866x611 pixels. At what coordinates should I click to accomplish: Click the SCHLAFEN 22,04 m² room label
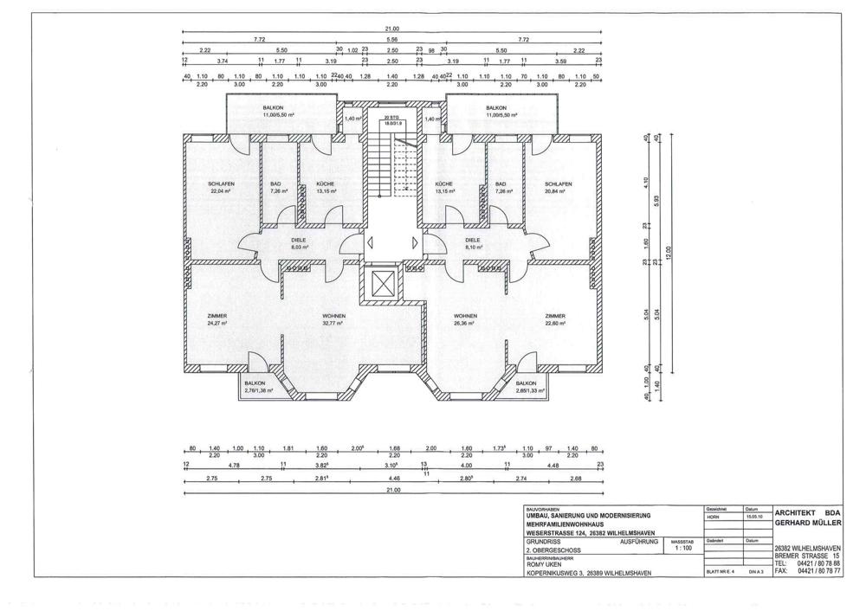coord(222,188)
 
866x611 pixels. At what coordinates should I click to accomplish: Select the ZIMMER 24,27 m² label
coord(216,320)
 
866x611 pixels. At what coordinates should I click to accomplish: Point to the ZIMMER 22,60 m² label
coord(555,320)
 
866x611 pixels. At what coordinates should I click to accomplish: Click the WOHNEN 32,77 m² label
coord(333,320)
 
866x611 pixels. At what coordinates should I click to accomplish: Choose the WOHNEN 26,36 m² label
coord(466,320)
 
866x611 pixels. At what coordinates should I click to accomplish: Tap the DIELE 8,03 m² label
coord(299,243)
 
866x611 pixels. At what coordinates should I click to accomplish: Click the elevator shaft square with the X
coord(381,283)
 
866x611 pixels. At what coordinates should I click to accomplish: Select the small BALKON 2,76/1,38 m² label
coord(257,387)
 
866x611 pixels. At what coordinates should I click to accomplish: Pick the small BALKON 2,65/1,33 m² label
coord(529,387)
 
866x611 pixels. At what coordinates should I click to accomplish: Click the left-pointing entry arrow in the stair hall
coord(371,244)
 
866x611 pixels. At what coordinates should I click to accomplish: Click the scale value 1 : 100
coord(682,549)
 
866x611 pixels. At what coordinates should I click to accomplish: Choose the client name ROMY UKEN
coord(543,565)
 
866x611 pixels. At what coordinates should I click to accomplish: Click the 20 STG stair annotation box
coord(394,121)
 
